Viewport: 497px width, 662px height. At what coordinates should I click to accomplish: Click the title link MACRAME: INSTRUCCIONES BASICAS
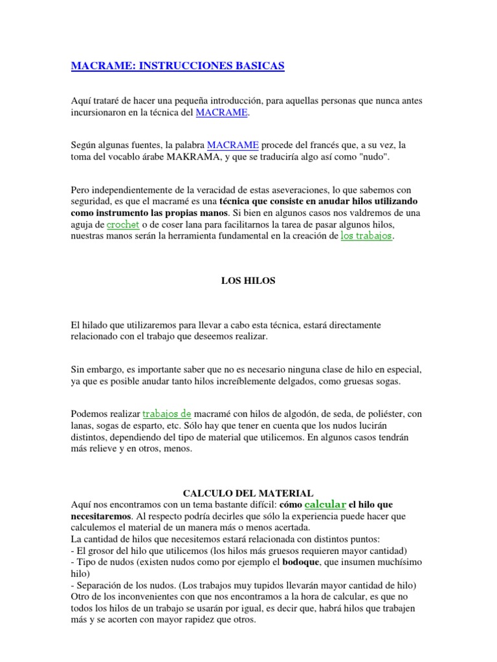[177, 66]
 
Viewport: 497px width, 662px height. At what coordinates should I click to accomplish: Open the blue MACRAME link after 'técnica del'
[221, 112]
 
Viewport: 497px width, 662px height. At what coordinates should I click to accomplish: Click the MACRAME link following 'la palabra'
[233, 145]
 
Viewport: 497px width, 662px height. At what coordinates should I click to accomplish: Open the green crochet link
[123, 224]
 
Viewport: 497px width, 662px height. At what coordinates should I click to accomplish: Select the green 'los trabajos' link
[366, 236]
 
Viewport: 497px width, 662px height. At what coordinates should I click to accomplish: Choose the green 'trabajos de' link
[167, 414]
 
